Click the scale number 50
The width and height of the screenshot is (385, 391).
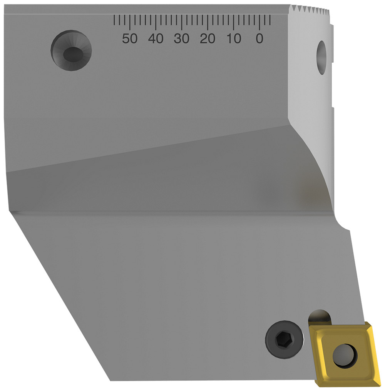click(130, 38)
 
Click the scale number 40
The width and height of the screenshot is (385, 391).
click(156, 38)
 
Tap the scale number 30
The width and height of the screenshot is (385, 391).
click(181, 38)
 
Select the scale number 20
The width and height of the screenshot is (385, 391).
click(207, 38)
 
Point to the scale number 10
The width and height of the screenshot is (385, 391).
click(233, 38)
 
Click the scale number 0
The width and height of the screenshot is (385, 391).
click(259, 38)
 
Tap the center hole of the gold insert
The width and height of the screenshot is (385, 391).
click(344, 355)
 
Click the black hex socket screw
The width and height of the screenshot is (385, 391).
click(283, 338)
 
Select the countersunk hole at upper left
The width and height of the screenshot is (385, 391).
click(71, 50)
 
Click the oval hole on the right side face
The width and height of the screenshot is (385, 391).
click(321, 58)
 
